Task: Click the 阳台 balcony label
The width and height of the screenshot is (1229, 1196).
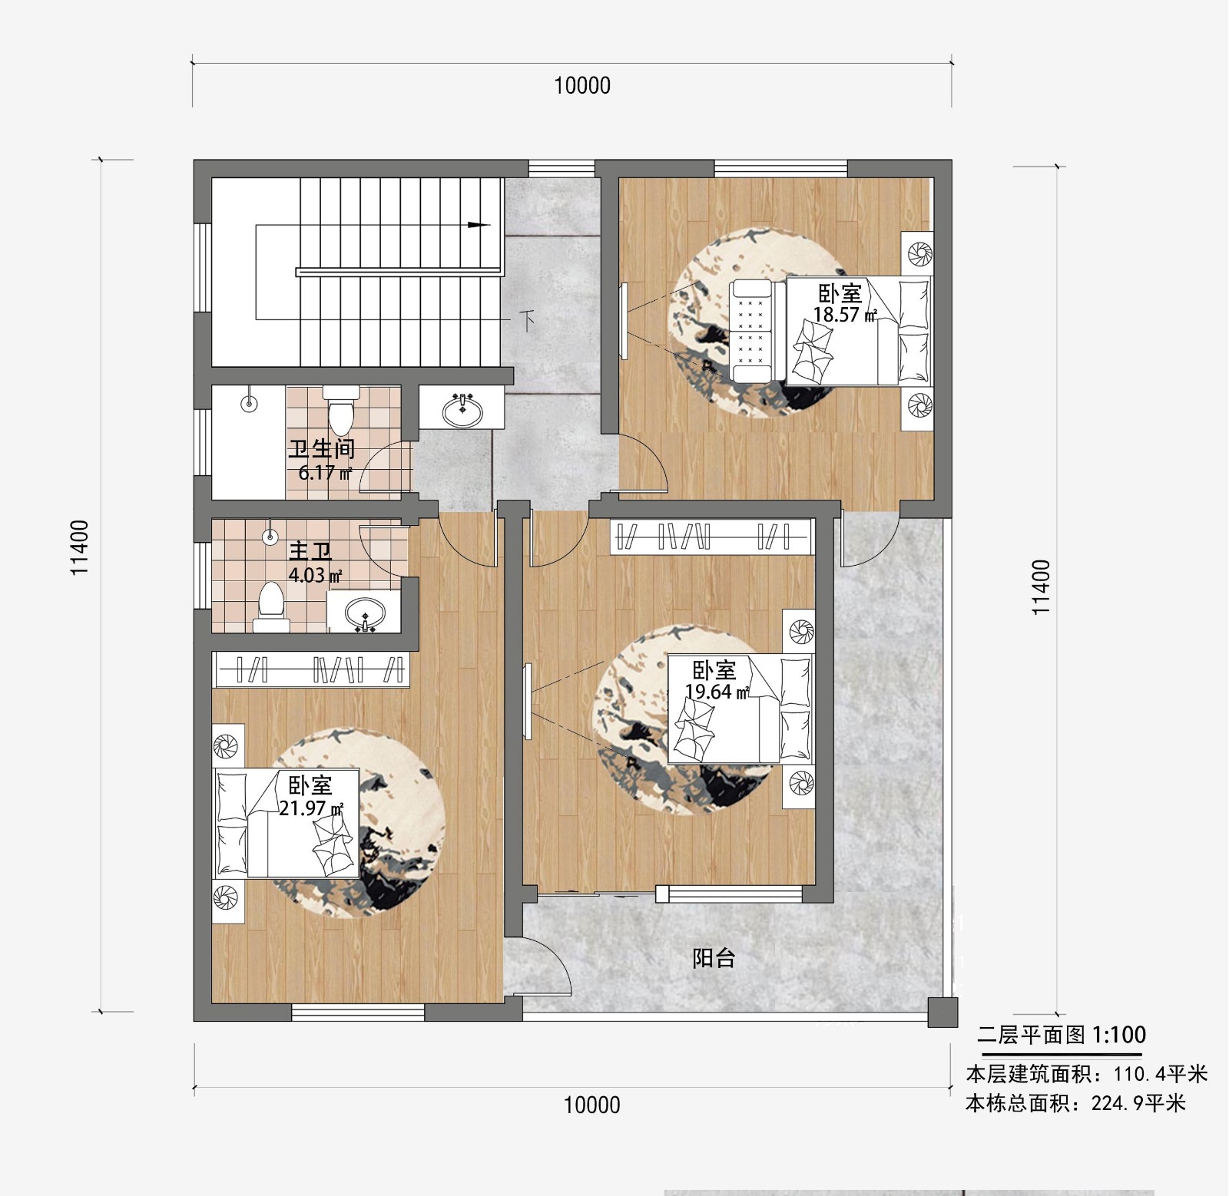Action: tap(714, 957)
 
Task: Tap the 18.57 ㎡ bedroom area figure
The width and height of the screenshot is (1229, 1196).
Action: tap(845, 315)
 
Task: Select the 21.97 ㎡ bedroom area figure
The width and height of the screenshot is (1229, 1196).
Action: tap(311, 808)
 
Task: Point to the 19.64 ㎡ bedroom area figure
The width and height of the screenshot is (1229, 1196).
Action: tap(717, 692)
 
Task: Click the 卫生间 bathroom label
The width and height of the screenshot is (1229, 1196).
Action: tap(322, 448)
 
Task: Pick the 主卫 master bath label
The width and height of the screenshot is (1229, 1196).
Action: tap(310, 551)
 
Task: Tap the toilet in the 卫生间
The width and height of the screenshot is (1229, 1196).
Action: tap(340, 410)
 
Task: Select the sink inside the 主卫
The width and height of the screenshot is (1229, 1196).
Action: tap(365, 614)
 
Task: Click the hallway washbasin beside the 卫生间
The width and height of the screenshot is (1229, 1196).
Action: tap(462, 411)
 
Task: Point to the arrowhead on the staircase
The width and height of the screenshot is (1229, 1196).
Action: tap(479, 225)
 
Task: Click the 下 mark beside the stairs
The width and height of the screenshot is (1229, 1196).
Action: tap(527, 320)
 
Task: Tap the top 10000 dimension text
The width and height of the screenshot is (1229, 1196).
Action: tap(582, 85)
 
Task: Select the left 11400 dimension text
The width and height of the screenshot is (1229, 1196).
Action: tap(80, 547)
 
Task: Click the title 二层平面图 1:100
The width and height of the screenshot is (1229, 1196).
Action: tap(1061, 1035)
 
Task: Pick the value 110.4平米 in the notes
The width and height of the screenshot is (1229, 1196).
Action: tap(1161, 1073)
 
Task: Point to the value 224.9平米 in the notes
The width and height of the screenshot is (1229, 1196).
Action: tap(1138, 1103)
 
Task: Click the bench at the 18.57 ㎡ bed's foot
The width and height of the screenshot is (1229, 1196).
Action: tap(750, 331)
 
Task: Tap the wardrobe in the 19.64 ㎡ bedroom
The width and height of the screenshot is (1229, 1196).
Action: tap(711, 536)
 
